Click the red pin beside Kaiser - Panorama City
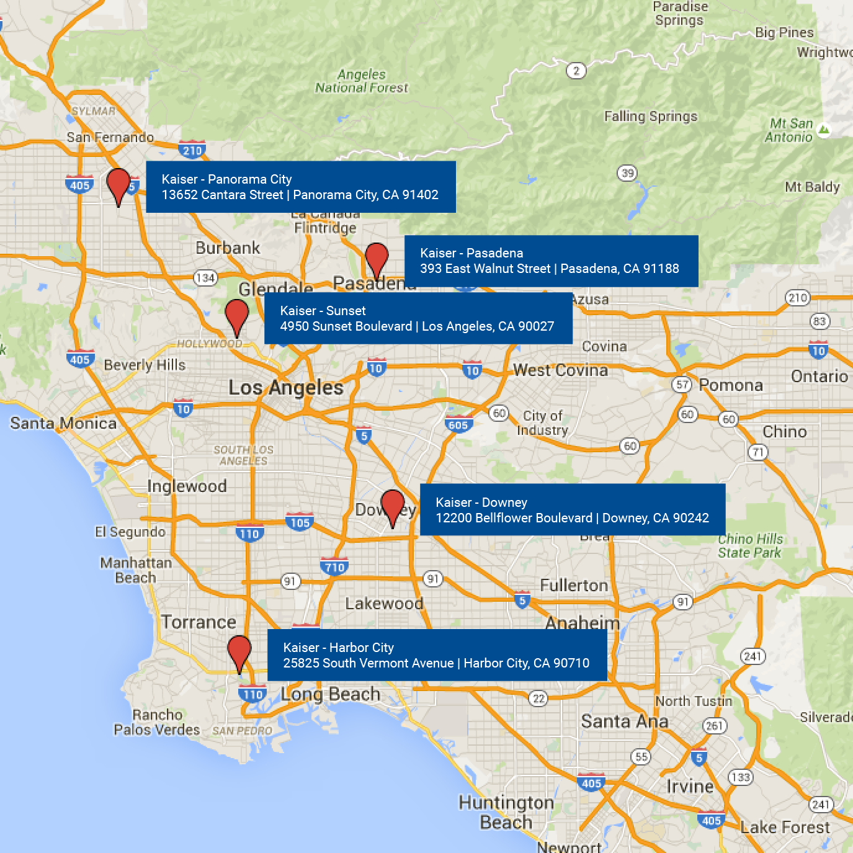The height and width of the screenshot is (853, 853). [x=118, y=184]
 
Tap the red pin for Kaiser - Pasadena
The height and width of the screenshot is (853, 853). [x=377, y=257]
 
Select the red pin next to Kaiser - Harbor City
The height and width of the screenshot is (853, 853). [x=239, y=651]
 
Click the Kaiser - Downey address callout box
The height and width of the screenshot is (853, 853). [x=572, y=510]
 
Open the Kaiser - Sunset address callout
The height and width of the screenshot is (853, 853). [x=418, y=318]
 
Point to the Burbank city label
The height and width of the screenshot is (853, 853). [x=228, y=248]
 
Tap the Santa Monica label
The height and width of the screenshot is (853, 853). [x=63, y=424]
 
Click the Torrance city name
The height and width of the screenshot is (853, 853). [x=199, y=622]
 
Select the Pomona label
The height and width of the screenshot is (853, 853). [x=731, y=385]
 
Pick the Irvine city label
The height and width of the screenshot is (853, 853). [x=690, y=787]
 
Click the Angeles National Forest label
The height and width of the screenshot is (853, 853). [x=362, y=81]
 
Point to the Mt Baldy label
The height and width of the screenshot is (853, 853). [x=812, y=187]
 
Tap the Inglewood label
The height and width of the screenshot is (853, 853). [x=187, y=486]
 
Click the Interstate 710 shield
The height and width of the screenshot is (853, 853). [x=334, y=567]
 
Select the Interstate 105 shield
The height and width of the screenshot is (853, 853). [x=300, y=522]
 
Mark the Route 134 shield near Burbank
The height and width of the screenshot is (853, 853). [x=205, y=278]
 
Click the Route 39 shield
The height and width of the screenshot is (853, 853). [x=627, y=173]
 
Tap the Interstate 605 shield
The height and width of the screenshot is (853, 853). [x=458, y=425]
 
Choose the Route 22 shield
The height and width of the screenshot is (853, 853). [x=538, y=699]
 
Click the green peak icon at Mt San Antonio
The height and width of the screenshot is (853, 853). [x=824, y=130]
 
